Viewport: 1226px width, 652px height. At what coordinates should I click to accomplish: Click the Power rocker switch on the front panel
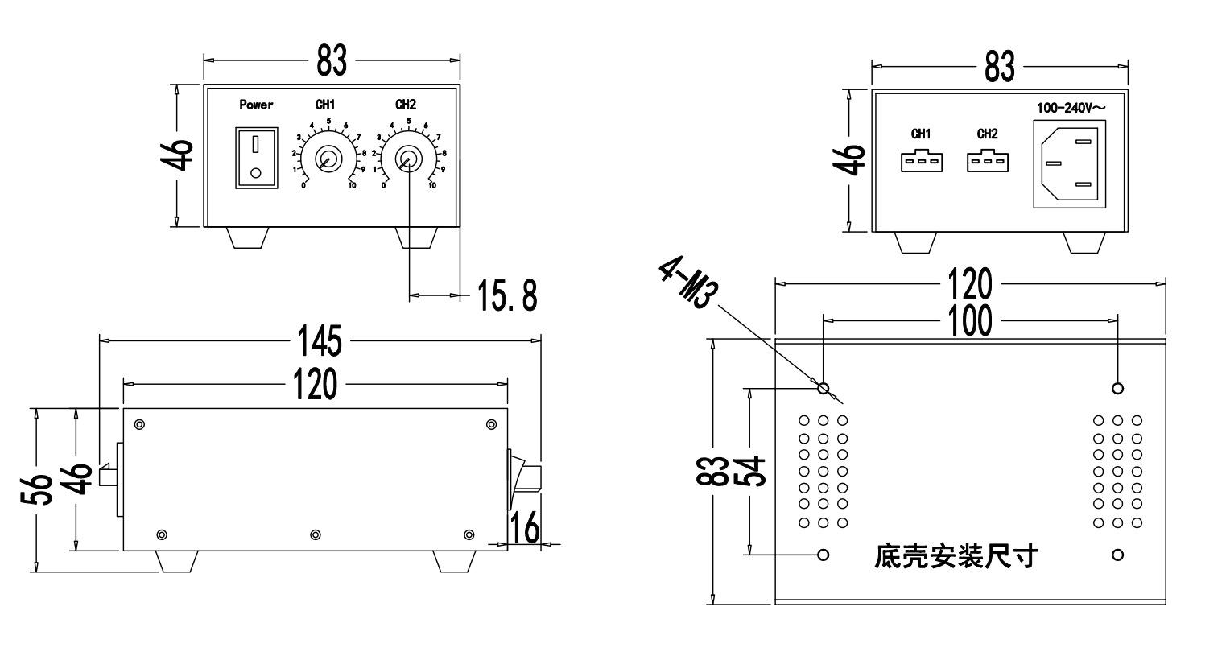click(257, 158)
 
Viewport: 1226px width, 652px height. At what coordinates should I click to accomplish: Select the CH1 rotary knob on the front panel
click(327, 158)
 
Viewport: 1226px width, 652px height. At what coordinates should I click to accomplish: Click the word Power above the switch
click(256, 105)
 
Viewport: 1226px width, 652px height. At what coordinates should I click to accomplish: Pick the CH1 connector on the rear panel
click(921, 159)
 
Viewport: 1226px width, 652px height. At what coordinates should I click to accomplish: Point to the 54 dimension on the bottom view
click(750, 471)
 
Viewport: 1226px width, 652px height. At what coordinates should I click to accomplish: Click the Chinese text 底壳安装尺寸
click(956, 556)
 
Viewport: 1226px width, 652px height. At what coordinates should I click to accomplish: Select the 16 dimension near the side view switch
click(524, 529)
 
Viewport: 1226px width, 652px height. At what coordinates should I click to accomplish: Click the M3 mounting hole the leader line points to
click(824, 389)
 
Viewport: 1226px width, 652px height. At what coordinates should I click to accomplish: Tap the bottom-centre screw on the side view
click(316, 535)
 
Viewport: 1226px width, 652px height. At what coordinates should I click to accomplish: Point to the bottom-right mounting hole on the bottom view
click(1117, 555)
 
